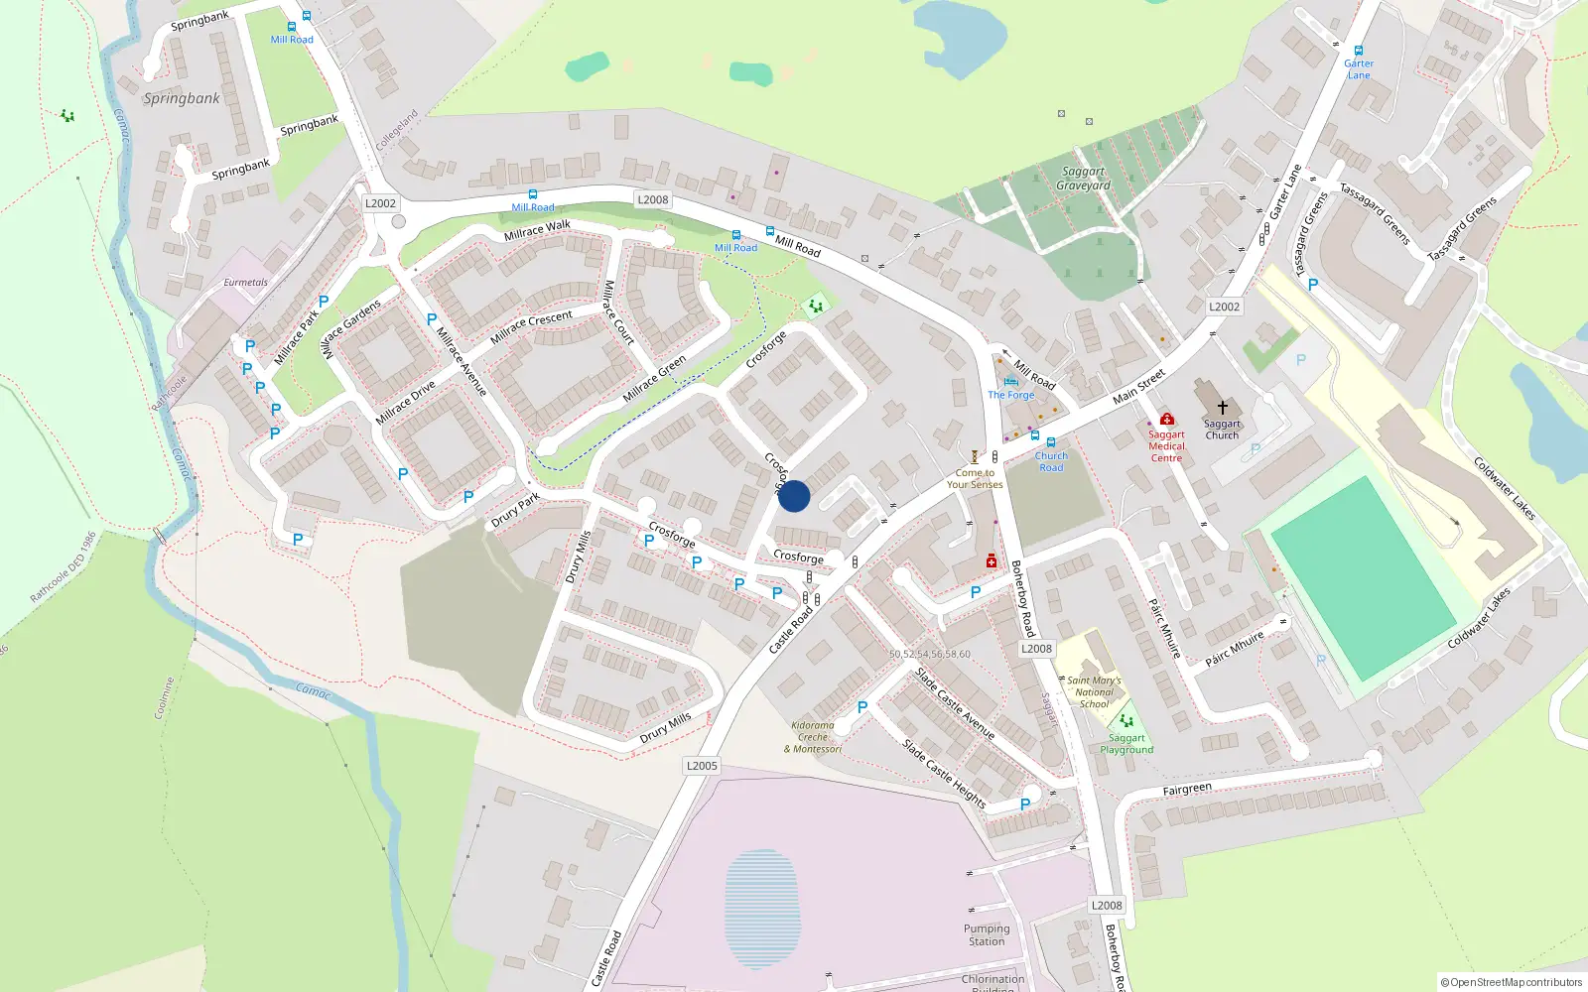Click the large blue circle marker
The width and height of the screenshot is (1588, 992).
pyautogui.click(x=794, y=496)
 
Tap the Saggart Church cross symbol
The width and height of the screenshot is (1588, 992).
pyautogui.click(x=1223, y=408)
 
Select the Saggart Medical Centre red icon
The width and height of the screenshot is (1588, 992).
pyautogui.click(x=1167, y=419)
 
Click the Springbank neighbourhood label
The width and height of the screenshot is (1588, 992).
pyautogui.click(x=182, y=98)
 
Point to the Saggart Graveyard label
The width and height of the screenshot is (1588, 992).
pyautogui.click(x=1083, y=179)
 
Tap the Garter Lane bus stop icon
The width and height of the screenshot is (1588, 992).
pyautogui.click(x=1359, y=51)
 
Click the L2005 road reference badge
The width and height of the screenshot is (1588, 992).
pyautogui.click(x=702, y=766)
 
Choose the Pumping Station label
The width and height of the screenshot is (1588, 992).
pyautogui.click(x=987, y=935)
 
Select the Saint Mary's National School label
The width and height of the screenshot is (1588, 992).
pyautogui.click(x=1094, y=692)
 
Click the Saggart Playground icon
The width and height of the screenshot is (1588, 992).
pyautogui.click(x=1126, y=721)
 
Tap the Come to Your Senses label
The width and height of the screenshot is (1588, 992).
pyautogui.click(x=975, y=479)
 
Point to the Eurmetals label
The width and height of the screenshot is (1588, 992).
pyautogui.click(x=245, y=283)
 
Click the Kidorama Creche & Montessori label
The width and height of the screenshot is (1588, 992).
pyautogui.click(x=813, y=737)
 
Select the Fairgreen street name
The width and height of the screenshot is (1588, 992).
pyautogui.click(x=1187, y=790)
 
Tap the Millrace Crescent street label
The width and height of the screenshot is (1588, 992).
pyautogui.click(x=531, y=326)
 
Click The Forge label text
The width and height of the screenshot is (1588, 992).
pyautogui.click(x=1011, y=395)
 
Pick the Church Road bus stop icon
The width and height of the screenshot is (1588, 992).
pyautogui.click(x=1051, y=442)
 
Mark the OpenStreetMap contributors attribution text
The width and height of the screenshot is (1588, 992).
pyautogui.click(x=1511, y=983)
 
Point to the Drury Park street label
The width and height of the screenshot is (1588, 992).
pyautogui.click(x=515, y=510)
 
